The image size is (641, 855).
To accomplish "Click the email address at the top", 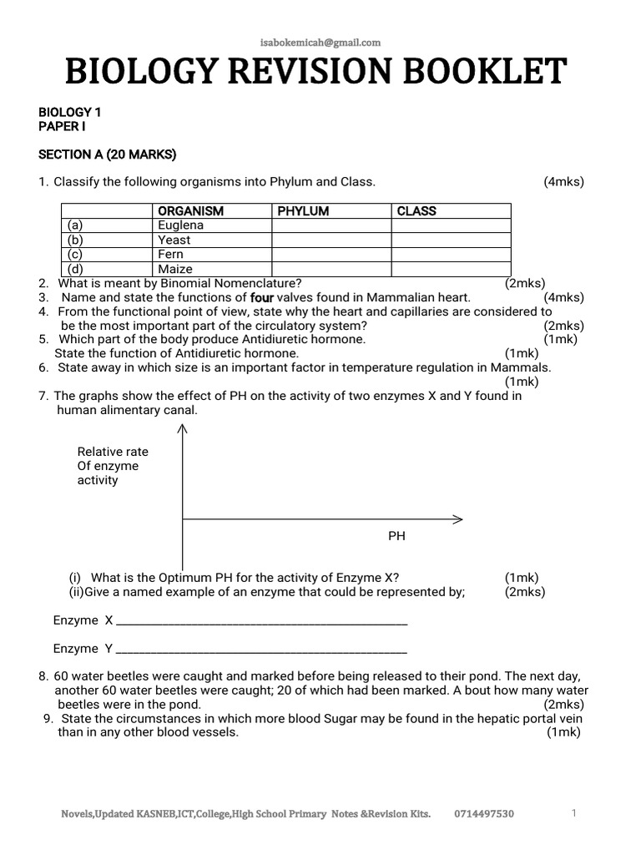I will click(320, 43).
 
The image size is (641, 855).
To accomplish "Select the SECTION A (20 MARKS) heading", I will click(108, 154).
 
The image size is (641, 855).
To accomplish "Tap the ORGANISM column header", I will click(190, 211).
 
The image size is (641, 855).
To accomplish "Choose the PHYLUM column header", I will click(303, 211).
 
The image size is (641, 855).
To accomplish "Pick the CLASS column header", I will click(416, 211).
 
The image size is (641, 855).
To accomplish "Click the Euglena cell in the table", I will click(180, 225).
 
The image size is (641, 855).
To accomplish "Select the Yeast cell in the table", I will click(174, 240).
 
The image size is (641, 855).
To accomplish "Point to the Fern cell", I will click(170, 254).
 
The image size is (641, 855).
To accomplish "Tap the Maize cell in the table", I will click(174, 269).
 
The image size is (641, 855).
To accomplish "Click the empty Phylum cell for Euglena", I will click(331, 225).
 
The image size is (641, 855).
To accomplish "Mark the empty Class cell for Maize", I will click(451, 269).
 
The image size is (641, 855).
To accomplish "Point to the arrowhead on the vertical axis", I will click(183, 428).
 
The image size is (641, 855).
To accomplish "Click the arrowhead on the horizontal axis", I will click(457, 519).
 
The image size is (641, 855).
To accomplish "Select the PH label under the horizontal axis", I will click(396, 536).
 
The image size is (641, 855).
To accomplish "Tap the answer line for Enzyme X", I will click(261, 623).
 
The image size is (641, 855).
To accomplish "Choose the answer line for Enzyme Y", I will click(261, 650).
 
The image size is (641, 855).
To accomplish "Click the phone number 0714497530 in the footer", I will click(484, 814).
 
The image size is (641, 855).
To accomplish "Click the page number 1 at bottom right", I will click(574, 813).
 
